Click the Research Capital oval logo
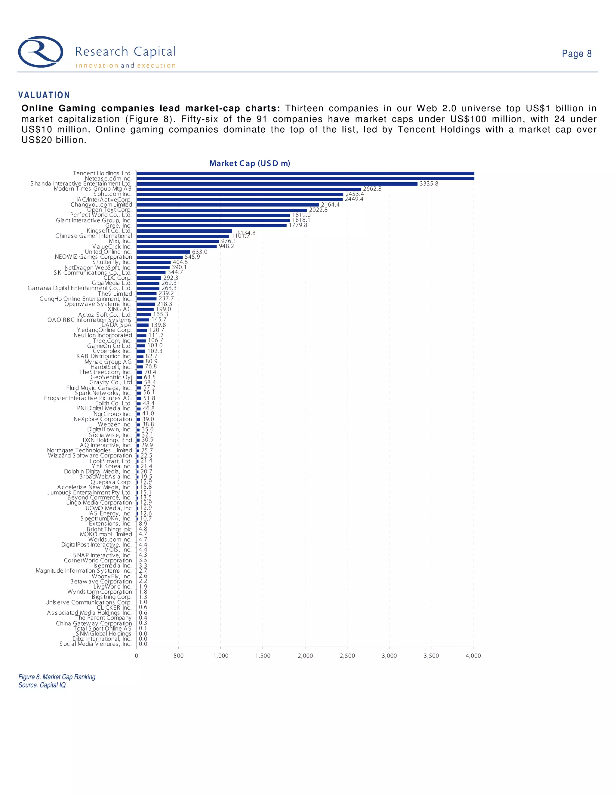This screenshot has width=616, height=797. [x=41, y=51]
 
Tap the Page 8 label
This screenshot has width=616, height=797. [x=576, y=54]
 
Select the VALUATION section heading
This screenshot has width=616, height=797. [x=44, y=95]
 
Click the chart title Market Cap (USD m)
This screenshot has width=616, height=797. [x=250, y=164]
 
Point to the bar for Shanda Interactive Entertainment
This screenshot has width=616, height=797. [x=277, y=184]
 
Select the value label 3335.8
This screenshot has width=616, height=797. [x=429, y=183]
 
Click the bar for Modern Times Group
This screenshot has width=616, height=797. [x=248, y=189]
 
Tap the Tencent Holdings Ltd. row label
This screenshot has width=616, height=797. [x=102, y=173]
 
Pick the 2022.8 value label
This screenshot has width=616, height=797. [x=318, y=210]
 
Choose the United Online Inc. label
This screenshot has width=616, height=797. [x=108, y=252]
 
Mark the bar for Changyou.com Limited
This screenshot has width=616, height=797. [x=227, y=205]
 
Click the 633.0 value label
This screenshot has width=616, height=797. [x=200, y=252]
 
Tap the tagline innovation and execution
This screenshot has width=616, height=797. [x=125, y=66]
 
